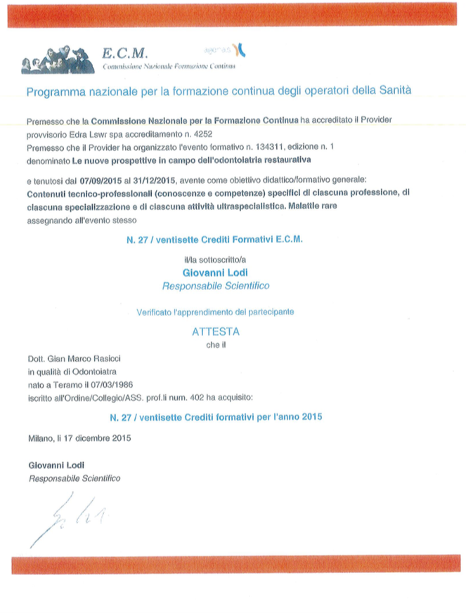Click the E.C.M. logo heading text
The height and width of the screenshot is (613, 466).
click(125, 53)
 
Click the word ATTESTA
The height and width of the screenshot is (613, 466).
click(216, 330)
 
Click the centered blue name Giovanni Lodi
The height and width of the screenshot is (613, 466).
click(215, 271)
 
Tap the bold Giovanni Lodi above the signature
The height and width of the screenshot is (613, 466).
click(56, 466)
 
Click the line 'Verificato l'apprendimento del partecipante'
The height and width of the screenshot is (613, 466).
click(215, 310)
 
